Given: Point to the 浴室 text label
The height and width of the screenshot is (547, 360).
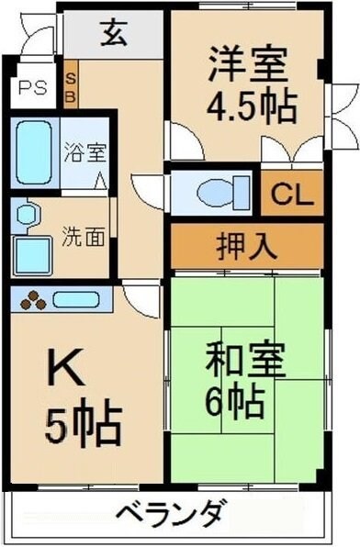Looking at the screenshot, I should (x=84, y=150).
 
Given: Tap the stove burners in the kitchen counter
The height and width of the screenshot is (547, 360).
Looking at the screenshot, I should (x=34, y=299).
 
